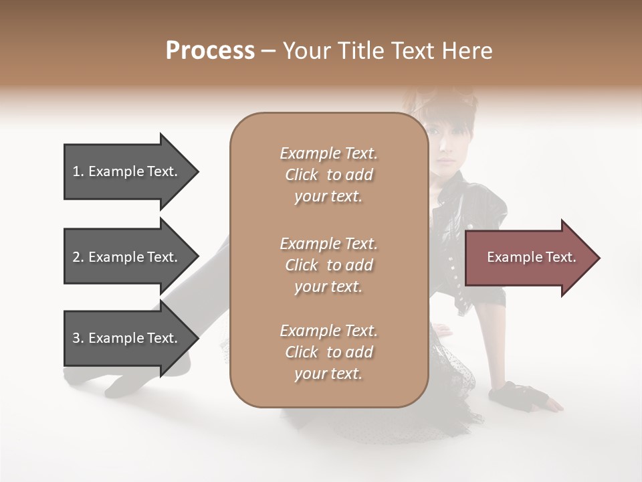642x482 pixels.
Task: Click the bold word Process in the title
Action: tap(210, 51)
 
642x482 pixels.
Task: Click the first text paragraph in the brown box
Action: tap(328, 175)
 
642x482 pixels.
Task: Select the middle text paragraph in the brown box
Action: tap(328, 265)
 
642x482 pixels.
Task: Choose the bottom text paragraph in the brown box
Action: tap(328, 352)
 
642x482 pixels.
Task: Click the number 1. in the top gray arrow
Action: tap(78, 171)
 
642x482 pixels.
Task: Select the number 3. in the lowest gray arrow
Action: tap(78, 338)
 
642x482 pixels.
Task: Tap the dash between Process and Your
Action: tap(269, 52)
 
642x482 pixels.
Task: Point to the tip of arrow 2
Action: tap(197, 257)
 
